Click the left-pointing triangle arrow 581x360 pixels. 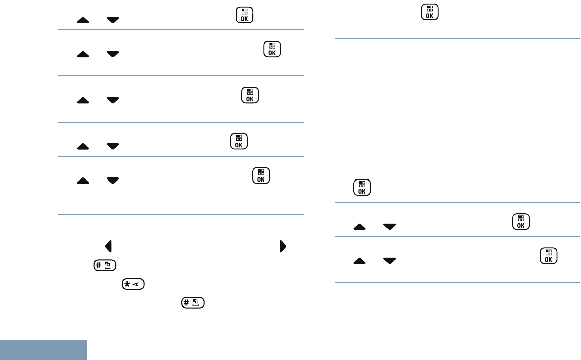tap(108, 246)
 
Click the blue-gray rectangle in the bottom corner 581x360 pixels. tap(44, 350)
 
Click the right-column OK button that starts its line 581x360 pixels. tap(362, 187)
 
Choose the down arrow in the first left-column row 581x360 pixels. tap(113, 20)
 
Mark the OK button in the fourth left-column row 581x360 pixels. tap(238, 141)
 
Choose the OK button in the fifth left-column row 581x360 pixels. tap(261, 175)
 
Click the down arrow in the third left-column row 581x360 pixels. tap(113, 100)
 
